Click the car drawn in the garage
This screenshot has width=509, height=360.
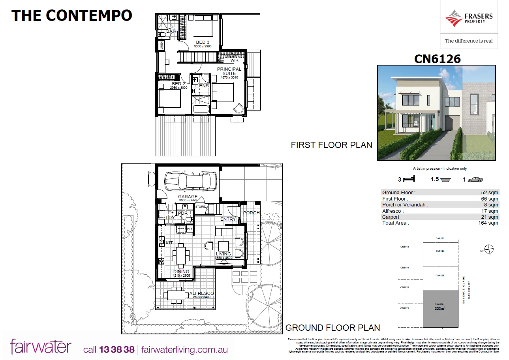[191, 181]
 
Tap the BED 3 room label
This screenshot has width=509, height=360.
[203, 42]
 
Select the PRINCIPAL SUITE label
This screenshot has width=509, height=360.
[229, 71]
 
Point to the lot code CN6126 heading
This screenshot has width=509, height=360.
[437, 59]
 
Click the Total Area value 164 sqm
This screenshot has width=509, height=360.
[488, 223]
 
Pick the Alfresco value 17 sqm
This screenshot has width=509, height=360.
[490, 211]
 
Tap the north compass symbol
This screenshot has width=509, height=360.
[489, 249]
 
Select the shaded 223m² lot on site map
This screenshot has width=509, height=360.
[441, 308]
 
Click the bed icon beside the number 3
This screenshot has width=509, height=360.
[409, 179]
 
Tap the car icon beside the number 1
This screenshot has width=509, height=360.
[475, 179]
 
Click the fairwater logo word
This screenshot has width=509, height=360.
[41, 347]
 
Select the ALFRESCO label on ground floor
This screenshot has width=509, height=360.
[201, 293]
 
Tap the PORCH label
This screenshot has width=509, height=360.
[251, 213]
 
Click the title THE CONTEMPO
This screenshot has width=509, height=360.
[71, 15]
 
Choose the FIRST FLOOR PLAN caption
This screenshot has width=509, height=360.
[331, 145]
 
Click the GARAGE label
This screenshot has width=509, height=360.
[188, 197]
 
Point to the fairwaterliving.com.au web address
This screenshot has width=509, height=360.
[184, 350]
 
